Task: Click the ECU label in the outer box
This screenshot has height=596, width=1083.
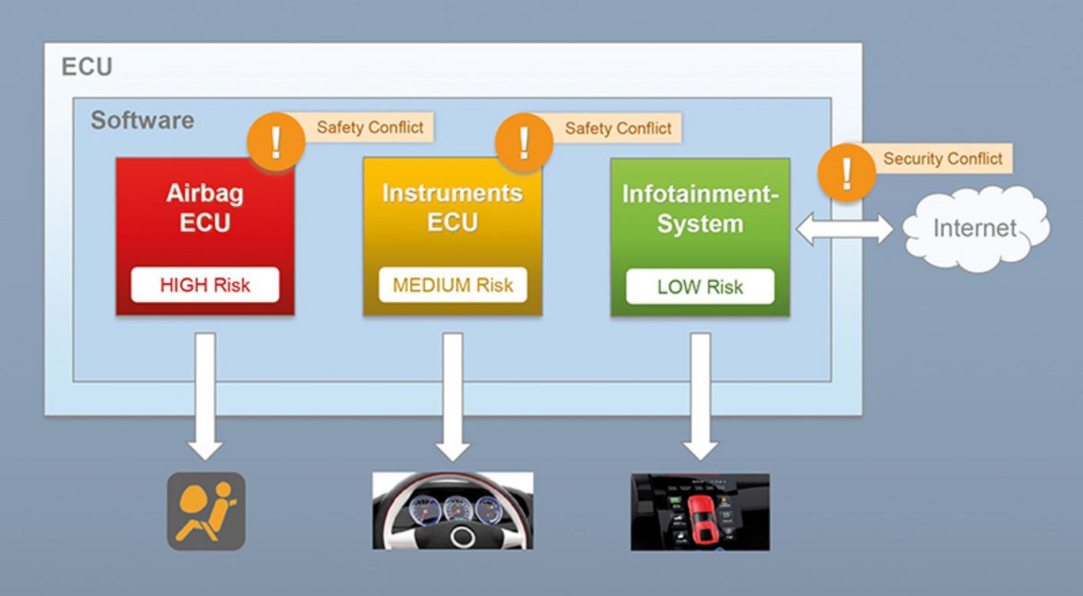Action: (87, 68)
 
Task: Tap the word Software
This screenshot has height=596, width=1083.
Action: (142, 121)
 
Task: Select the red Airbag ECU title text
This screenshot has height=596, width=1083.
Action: (205, 207)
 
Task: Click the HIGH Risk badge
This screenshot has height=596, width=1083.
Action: (205, 286)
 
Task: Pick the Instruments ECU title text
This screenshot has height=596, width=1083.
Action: (452, 207)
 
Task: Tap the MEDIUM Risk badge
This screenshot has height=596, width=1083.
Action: (452, 286)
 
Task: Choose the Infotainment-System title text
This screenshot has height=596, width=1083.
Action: (700, 208)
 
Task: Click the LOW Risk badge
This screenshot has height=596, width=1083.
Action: (700, 287)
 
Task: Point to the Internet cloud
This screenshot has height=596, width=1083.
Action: (974, 227)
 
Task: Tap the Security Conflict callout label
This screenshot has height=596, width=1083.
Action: (942, 159)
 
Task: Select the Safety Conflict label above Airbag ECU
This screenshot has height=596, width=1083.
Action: (369, 127)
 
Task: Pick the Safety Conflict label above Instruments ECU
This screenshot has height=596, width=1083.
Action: (618, 128)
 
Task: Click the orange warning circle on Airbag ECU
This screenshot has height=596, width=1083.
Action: (276, 142)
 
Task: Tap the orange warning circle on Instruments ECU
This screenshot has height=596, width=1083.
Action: (524, 142)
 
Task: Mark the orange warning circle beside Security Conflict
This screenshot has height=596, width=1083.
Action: (846, 174)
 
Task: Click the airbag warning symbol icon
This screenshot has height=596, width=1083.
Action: (206, 511)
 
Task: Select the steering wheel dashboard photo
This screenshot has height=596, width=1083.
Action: (452, 511)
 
